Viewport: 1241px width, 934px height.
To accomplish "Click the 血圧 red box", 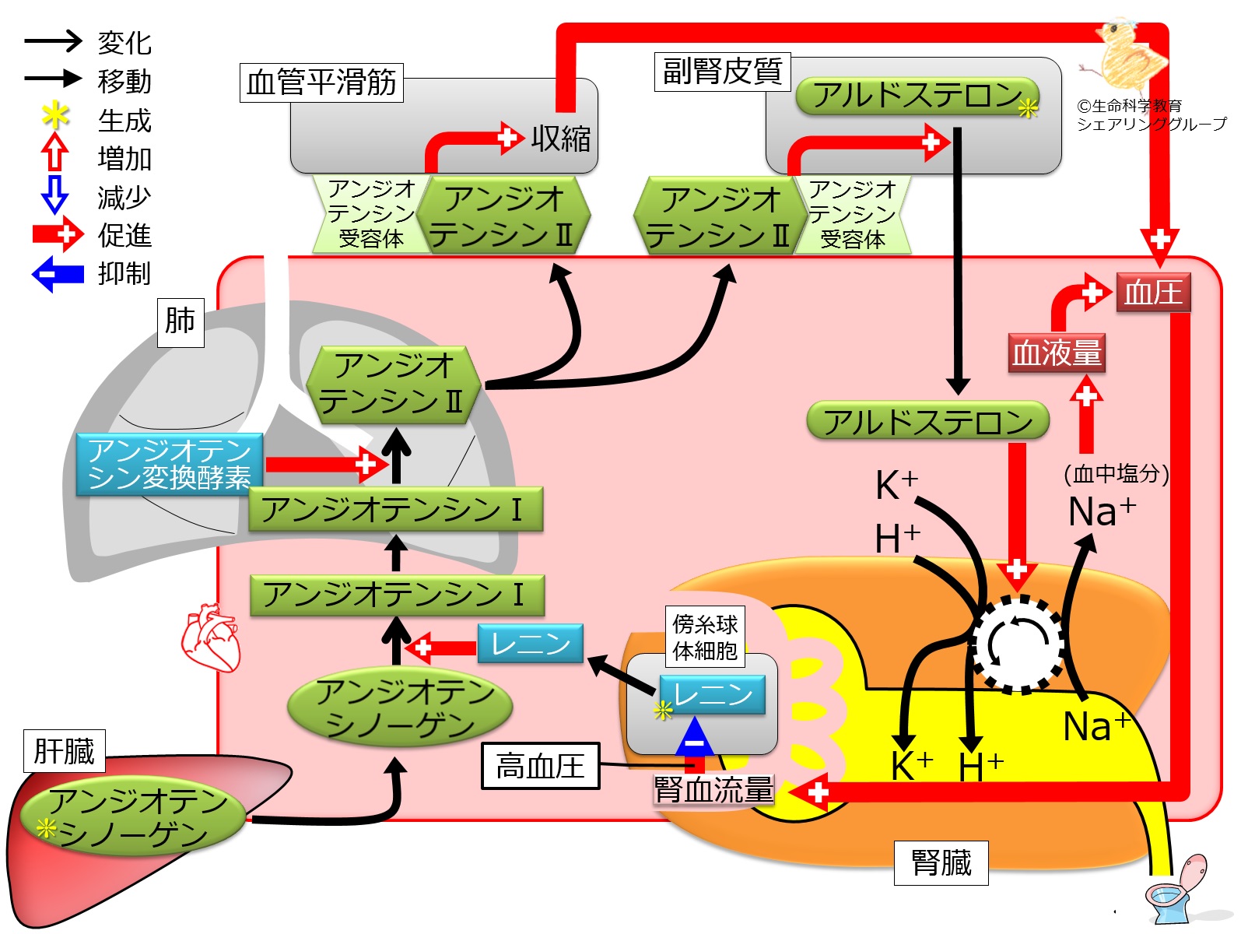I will pos(1153,293).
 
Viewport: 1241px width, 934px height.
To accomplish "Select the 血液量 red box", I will pos(1056,353).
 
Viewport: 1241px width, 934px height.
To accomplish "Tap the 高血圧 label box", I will pos(540,766).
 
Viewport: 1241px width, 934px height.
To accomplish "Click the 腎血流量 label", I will pos(713,790).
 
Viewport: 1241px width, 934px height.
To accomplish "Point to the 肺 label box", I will pos(180,321).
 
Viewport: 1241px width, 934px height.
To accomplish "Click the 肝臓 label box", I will pos(64,751).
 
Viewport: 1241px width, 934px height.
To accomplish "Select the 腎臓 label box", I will pos(941,862).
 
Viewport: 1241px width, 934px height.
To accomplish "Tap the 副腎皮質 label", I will pos(722,72).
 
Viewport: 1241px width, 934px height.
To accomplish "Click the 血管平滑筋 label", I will pos(321,83).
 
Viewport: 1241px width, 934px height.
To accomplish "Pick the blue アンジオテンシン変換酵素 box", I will pos(170,465).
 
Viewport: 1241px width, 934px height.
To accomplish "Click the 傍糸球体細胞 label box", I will pos(705,637).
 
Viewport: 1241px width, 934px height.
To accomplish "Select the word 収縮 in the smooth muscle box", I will pos(560,139).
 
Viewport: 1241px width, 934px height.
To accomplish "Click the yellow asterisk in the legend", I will pos(54,118).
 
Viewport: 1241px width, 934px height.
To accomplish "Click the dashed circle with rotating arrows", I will pos(1018,644).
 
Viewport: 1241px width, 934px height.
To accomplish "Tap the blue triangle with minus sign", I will pos(694,736).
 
